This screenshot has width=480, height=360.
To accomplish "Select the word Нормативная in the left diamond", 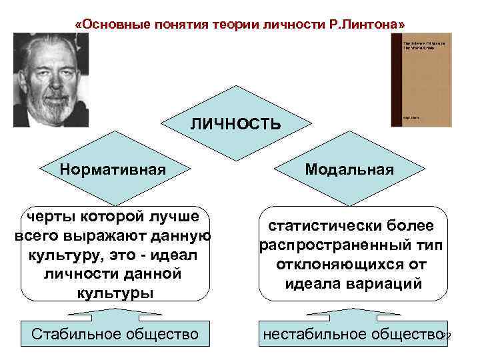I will point(113,169).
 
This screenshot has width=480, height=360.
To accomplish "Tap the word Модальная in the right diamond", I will point(350,169).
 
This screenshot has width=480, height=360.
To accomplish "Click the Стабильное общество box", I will point(115,333).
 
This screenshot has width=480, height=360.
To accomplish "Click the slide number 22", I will point(446,337).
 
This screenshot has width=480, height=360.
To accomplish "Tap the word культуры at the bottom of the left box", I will point(114,293).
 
